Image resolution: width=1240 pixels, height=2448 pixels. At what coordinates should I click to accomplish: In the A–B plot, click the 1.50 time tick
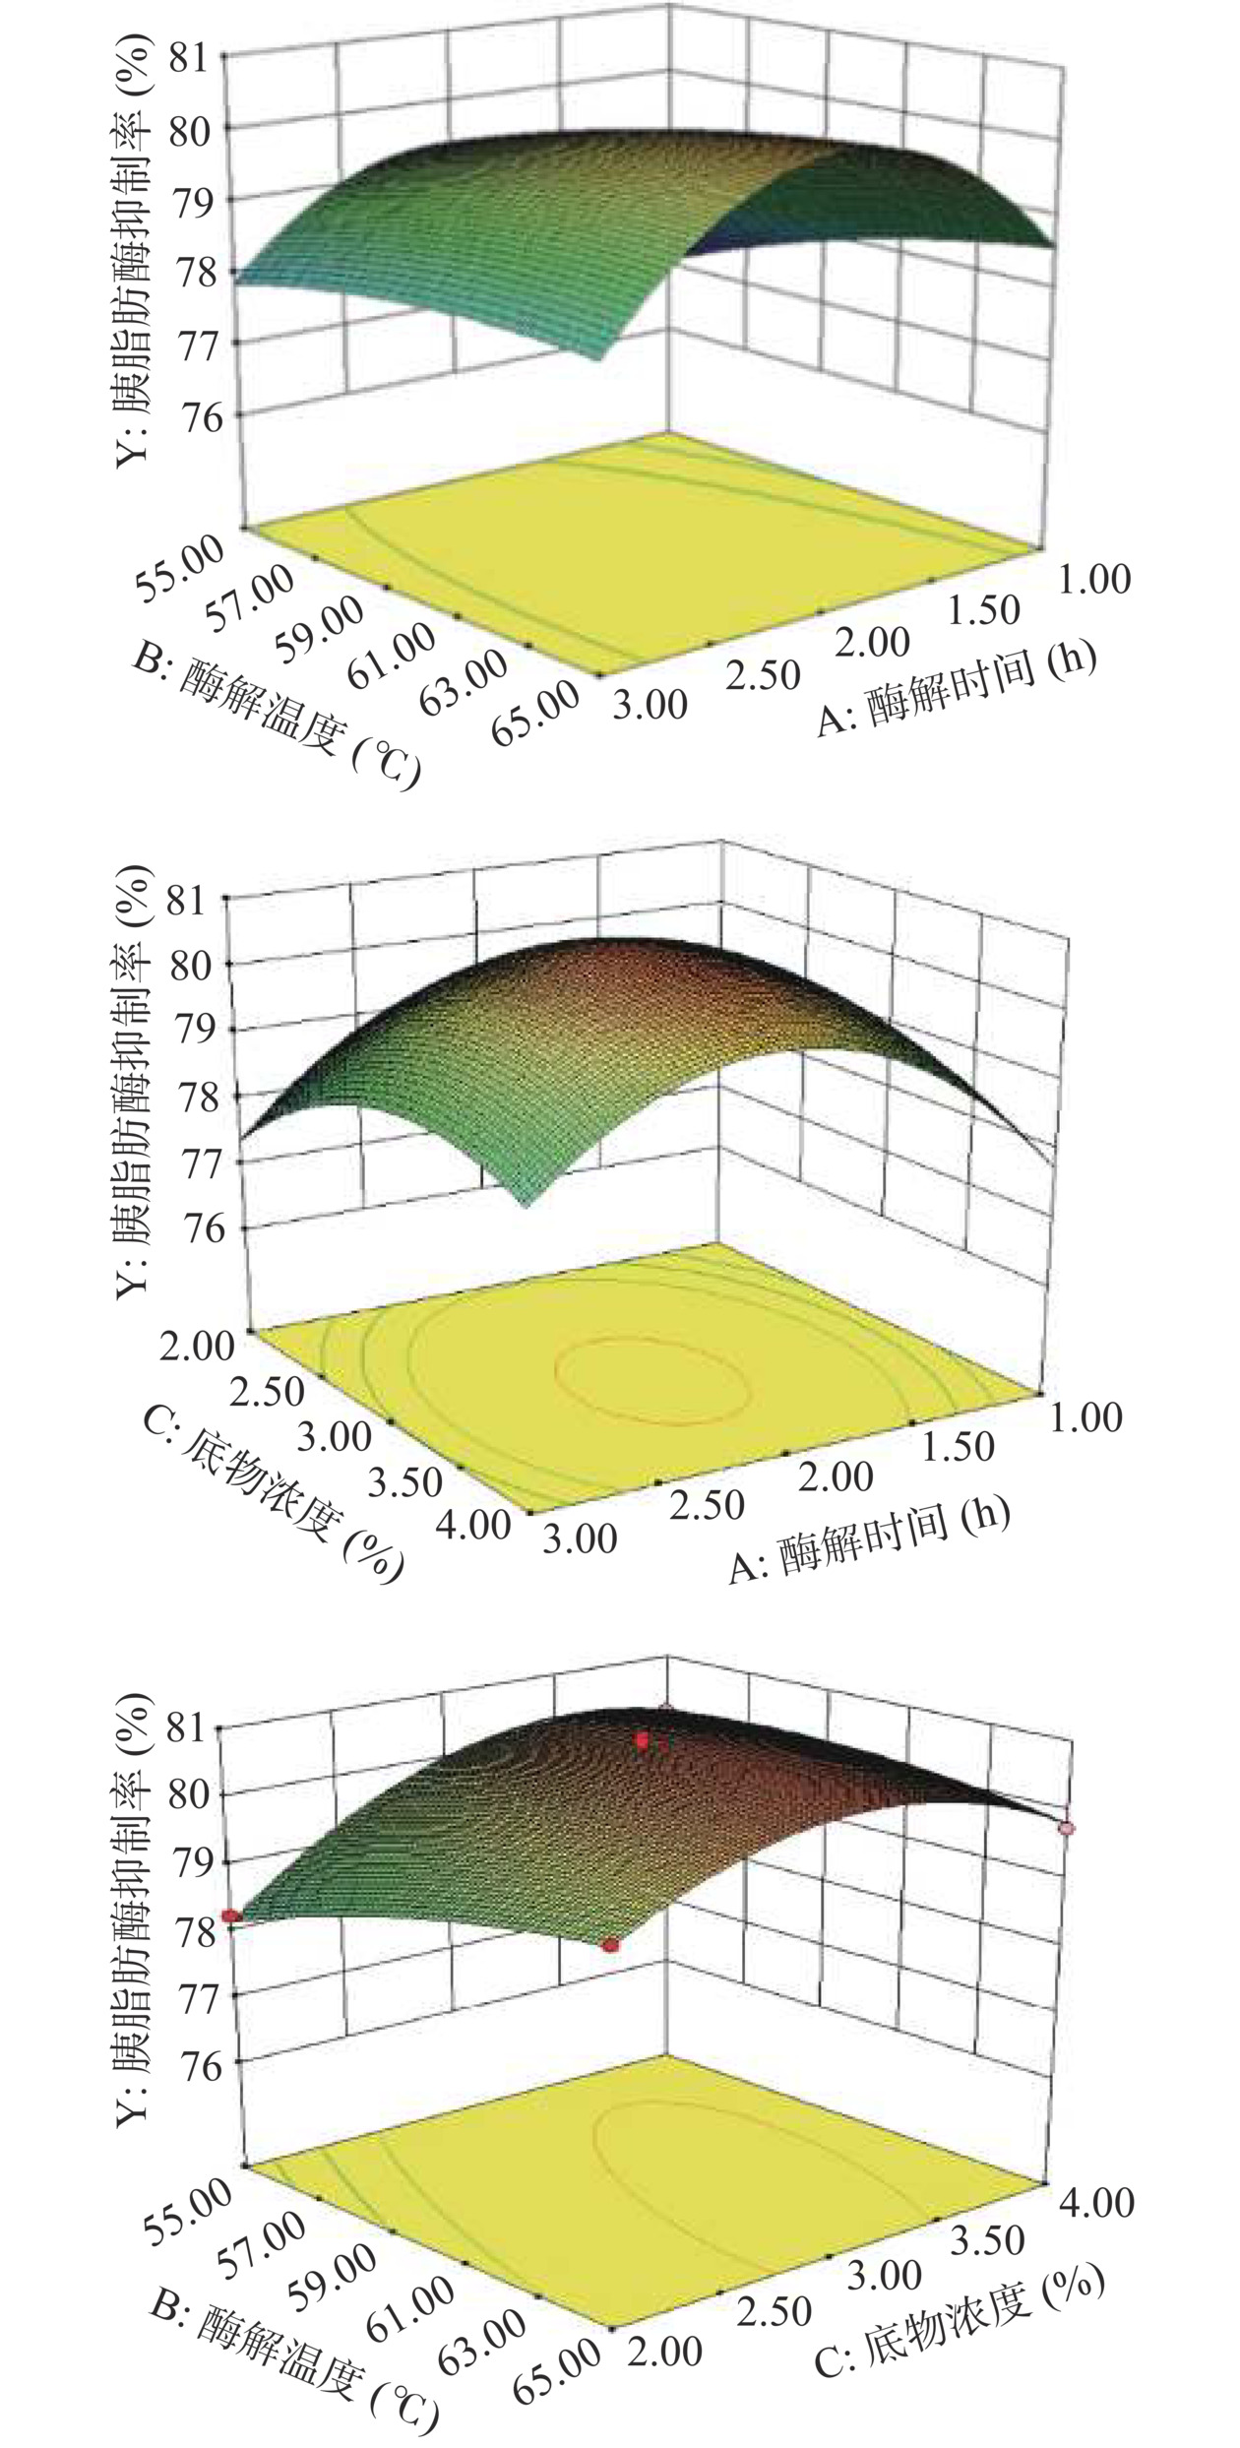[985, 611]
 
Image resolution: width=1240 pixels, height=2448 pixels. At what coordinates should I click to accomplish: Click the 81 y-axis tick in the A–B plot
[193, 60]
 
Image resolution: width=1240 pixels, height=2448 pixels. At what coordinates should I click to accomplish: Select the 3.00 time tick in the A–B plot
[649, 705]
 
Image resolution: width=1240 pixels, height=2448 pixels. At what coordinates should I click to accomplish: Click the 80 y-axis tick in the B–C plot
[193, 1792]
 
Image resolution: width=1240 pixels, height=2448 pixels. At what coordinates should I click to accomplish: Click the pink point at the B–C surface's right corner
[1067, 1828]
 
